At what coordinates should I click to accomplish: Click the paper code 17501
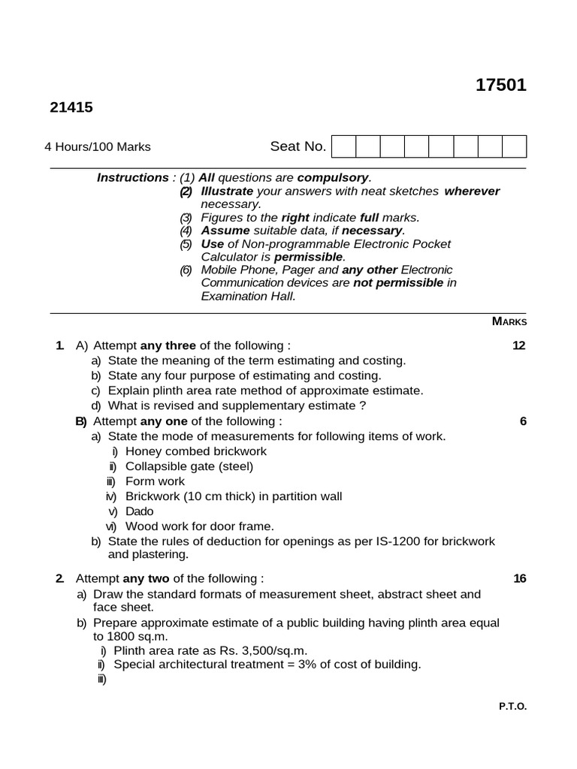click(501, 86)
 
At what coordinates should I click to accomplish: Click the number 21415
click(71, 107)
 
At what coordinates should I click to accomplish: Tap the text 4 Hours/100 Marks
click(98, 146)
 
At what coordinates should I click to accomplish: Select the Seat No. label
click(298, 146)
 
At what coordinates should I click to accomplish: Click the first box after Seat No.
click(343, 146)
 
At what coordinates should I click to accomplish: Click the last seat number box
click(515, 146)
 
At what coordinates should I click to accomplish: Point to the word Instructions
click(132, 178)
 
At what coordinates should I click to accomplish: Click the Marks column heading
click(509, 321)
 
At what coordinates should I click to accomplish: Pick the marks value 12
click(518, 345)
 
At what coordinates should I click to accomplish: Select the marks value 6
click(523, 421)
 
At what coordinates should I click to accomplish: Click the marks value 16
click(519, 578)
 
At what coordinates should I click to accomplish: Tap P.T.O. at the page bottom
click(512, 707)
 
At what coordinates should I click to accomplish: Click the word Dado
click(139, 511)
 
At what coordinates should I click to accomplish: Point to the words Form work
click(155, 481)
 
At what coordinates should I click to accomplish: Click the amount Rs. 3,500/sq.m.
click(258, 650)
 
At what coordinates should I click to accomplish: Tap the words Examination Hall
click(248, 296)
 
